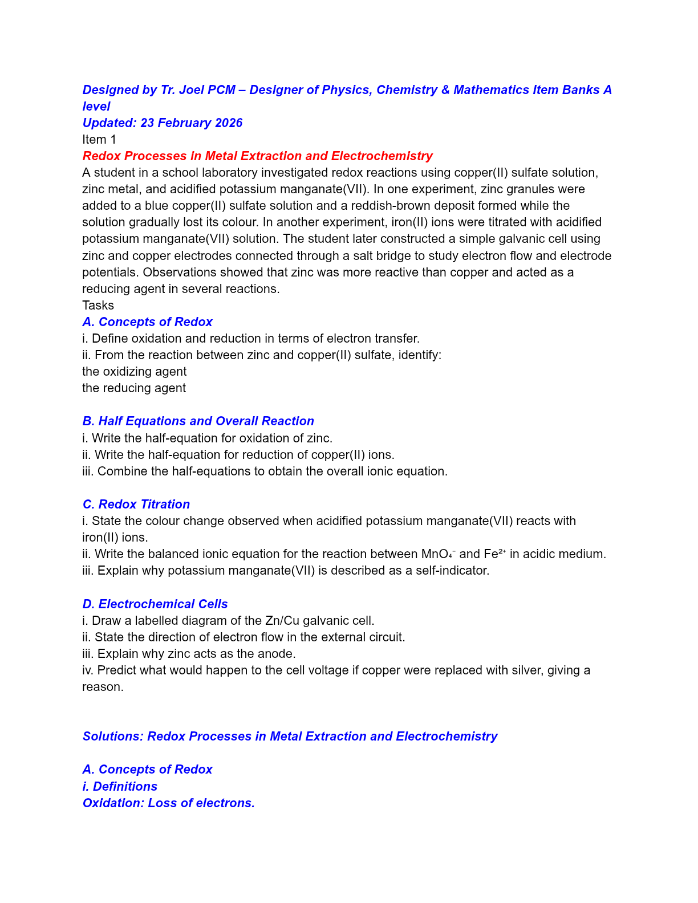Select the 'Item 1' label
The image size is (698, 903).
99,140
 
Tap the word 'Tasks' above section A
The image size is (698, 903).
98,306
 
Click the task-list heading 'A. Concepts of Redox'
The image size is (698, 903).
147,322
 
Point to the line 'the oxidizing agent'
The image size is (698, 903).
134,372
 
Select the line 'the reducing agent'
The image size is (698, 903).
134,388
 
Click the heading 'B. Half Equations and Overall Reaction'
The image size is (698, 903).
198,421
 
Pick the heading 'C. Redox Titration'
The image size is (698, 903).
136,505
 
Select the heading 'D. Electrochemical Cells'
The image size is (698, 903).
155,604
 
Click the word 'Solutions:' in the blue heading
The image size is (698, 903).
113,737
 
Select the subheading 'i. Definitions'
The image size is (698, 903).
120,787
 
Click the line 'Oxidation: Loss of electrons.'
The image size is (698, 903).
168,803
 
